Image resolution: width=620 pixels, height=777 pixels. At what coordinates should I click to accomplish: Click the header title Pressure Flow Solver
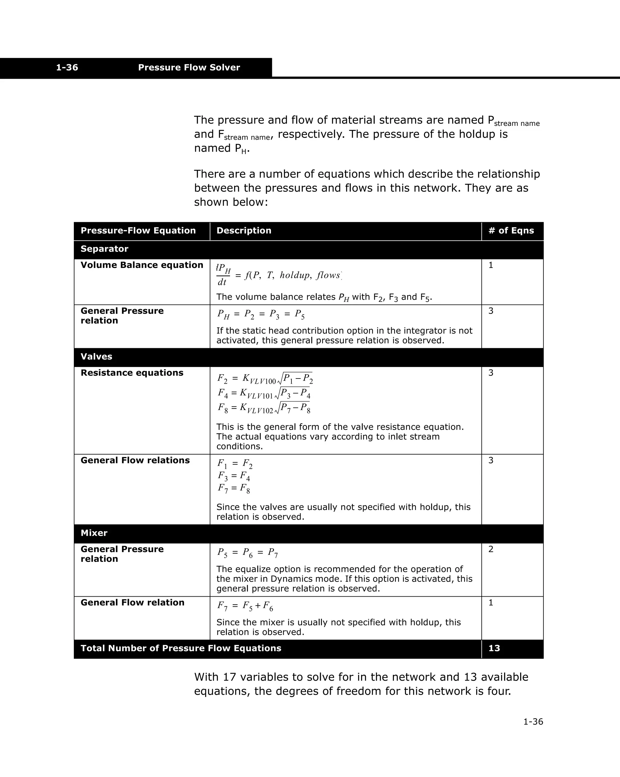(x=189, y=67)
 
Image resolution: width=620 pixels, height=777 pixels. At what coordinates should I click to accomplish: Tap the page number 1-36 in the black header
(x=67, y=67)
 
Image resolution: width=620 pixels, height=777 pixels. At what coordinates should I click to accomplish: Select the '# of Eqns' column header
(x=511, y=231)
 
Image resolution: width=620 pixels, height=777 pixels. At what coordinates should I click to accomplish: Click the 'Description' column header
(x=244, y=231)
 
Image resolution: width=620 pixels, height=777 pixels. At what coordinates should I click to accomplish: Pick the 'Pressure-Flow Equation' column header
(x=138, y=231)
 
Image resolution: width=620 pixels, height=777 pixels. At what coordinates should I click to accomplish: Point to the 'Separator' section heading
(x=104, y=249)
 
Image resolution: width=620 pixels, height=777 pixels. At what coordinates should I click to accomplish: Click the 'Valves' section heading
(x=97, y=356)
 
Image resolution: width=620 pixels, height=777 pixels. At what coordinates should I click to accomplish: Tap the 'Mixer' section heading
(x=94, y=533)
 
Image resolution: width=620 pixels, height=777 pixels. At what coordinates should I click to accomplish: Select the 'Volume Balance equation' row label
(x=142, y=265)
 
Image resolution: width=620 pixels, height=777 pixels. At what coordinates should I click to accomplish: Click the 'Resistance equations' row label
(x=132, y=373)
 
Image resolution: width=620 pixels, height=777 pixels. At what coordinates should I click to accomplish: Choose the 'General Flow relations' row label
(x=135, y=460)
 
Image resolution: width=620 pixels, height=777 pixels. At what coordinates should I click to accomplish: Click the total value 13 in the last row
(x=494, y=648)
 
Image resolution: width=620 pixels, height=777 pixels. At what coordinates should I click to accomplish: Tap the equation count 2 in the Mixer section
(x=491, y=549)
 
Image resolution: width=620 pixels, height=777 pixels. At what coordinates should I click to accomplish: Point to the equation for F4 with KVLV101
(x=264, y=393)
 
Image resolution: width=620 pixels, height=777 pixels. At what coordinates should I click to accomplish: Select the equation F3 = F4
(x=234, y=476)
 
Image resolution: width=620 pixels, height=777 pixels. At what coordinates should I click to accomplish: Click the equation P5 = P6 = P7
(x=247, y=552)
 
